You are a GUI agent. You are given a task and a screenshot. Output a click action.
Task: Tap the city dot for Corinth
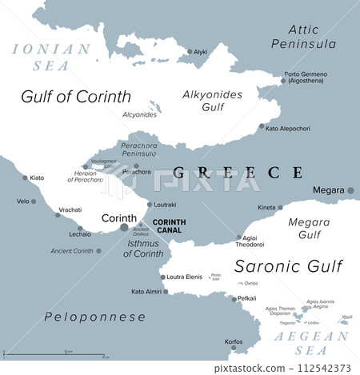click(123, 228)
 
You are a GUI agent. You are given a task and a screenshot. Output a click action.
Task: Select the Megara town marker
click(351, 190)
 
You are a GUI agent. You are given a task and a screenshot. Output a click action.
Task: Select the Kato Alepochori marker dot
click(262, 129)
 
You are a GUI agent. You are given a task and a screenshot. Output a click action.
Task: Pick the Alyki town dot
click(189, 51)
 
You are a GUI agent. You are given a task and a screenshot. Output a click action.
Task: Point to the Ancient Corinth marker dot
click(98, 251)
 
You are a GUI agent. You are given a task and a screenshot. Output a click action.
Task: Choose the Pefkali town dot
click(232, 298)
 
